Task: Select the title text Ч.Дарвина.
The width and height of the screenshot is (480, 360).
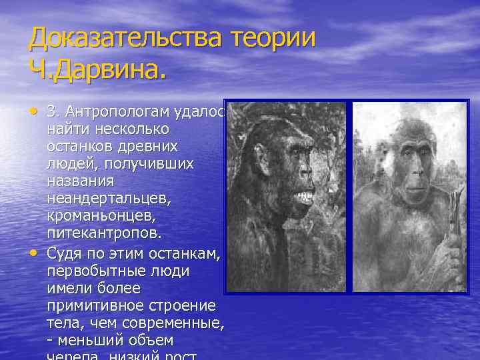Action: point(96,69)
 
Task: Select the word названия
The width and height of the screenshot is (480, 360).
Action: point(81,181)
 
